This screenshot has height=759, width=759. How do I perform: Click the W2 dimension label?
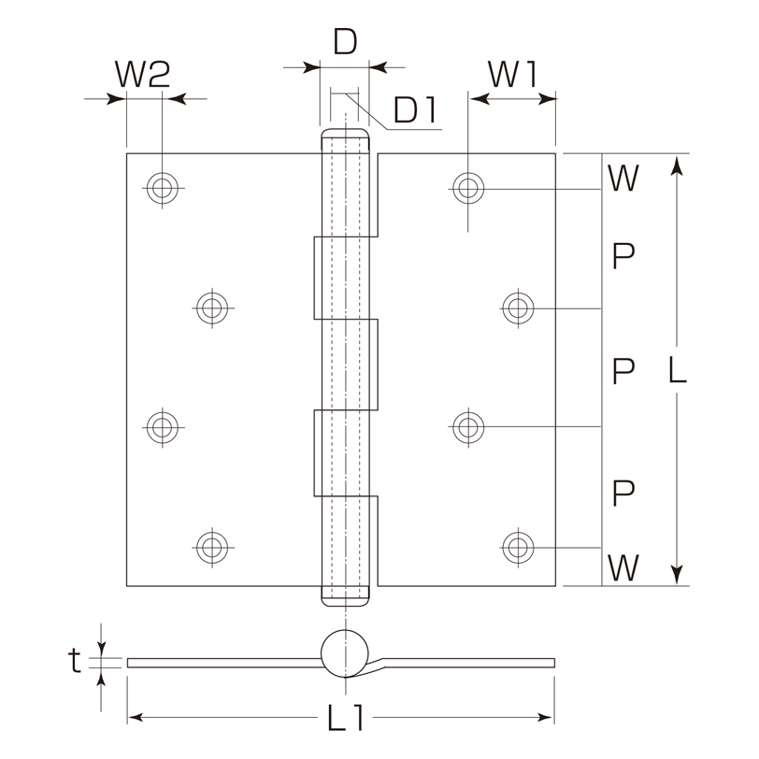142,74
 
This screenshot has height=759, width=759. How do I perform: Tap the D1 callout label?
415,110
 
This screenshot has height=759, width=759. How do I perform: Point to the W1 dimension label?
512,74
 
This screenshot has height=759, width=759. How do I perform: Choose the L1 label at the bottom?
346,717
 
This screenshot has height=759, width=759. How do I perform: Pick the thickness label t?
74,660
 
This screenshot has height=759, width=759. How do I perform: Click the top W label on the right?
623,178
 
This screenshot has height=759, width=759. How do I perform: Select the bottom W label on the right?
623,567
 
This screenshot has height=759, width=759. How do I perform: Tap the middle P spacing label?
623,371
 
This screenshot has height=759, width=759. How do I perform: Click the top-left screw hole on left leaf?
162,188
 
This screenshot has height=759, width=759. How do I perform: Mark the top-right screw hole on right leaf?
468,188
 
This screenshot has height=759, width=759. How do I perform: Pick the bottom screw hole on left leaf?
212,548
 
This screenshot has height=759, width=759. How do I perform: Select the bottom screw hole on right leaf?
518,548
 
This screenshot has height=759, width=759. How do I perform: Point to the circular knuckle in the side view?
345,630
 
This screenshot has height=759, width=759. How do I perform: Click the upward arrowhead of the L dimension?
677,165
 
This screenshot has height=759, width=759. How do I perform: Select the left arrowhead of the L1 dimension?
136,717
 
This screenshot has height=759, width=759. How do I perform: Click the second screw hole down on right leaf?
518,308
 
